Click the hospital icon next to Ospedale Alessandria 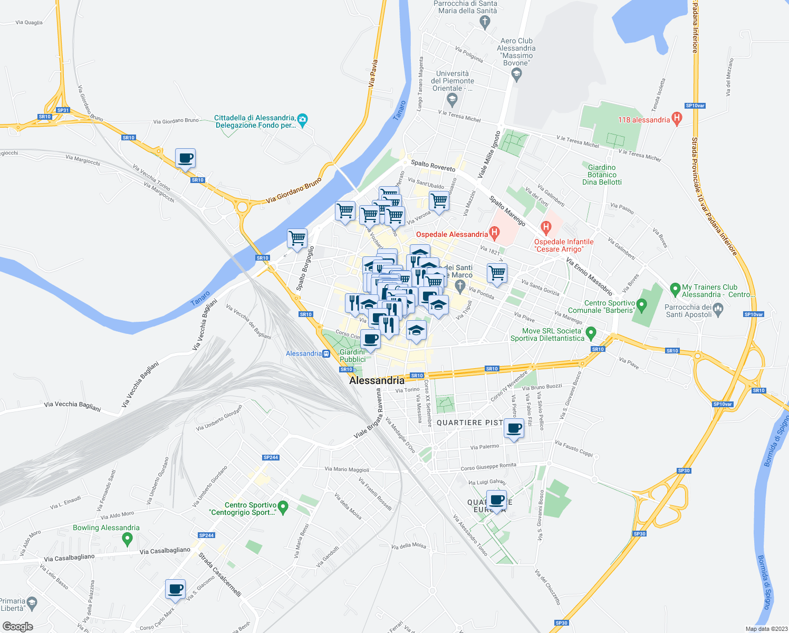(494, 232)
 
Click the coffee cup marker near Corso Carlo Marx (175, 589)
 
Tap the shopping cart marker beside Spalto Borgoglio (297, 238)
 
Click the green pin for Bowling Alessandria (127, 539)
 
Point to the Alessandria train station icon (326, 353)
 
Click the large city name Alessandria (377, 380)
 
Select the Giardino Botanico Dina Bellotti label (602, 175)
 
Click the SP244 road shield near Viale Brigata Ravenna (271, 457)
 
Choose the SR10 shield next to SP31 (45, 117)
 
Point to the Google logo (17, 626)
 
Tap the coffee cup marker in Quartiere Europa (496, 500)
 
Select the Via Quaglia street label (29, 23)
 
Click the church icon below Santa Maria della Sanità (485, 22)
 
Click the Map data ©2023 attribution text (765, 629)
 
